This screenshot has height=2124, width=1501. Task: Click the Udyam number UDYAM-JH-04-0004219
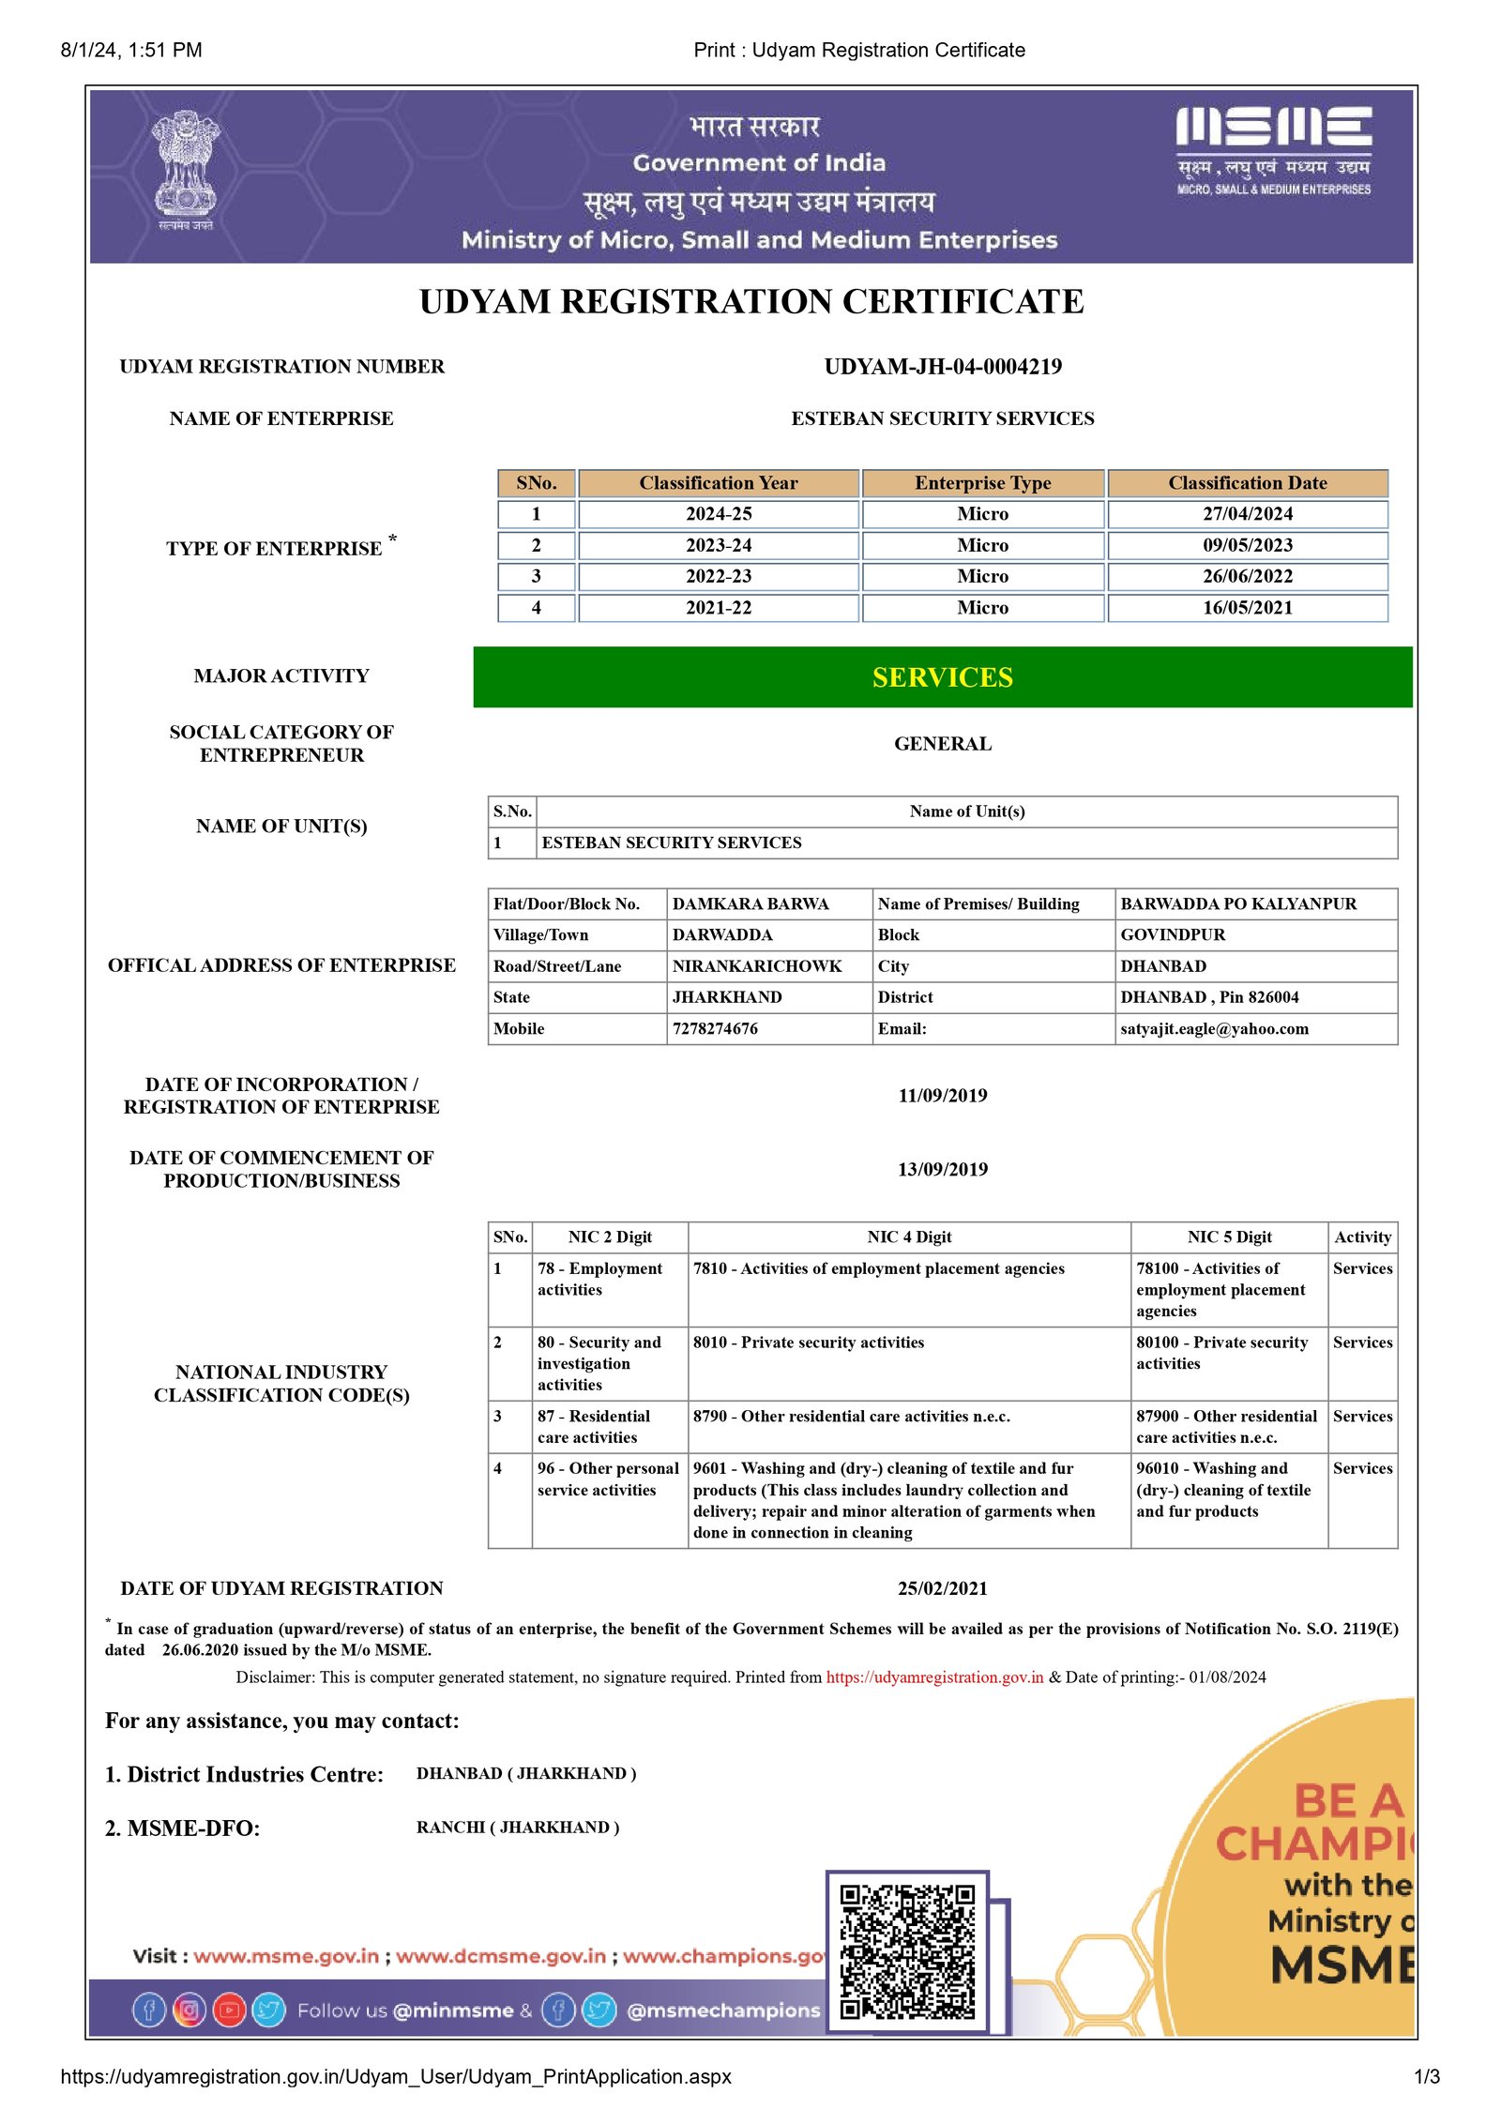pos(942,367)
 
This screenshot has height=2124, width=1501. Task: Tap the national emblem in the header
pos(186,169)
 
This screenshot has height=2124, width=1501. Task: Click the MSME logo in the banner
pos(1273,150)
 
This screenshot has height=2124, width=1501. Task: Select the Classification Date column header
pos(1247,483)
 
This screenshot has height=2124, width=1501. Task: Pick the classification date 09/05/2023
pos(1247,545)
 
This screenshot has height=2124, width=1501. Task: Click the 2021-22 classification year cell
pos(718,608)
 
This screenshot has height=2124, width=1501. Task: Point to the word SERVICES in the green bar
pos(942,677)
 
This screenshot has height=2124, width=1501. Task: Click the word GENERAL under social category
pos(942,744)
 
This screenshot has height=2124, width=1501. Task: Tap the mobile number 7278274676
pos(715,1028)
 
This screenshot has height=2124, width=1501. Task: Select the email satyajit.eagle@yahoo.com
pos(1214,1028)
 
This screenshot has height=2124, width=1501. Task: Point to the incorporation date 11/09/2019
pos(942,1096)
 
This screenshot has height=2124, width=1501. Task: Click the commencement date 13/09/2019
pos(942,1169)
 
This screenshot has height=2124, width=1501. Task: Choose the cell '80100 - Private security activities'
pos(1221,1353)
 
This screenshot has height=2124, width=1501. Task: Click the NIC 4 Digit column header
pos(908,1236)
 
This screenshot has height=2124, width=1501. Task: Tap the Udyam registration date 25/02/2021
pos(942,1588)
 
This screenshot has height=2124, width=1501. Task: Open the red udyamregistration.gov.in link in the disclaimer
pos(934,1677)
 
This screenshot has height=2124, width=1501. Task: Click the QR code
pos(906,1951)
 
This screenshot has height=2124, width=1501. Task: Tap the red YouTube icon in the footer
pos(229,2010)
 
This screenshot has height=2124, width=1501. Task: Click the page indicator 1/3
pos(1426,2077)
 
